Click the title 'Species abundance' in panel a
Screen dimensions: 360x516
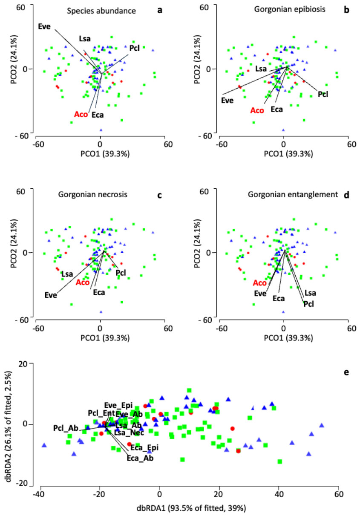click(x=101, y=11)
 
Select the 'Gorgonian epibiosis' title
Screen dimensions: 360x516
click(x=290, y=9)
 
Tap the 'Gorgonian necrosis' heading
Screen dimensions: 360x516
click(x=92, y=194)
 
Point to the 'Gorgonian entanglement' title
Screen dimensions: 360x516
click(x=293, y=194)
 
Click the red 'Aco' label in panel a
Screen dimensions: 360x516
click(x=81, y=114)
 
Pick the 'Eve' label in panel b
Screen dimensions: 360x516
click(x=227, y=101)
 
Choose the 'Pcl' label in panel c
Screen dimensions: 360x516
click(x=121, y=273)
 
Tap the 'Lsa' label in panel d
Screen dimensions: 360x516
click(x=310, y=293)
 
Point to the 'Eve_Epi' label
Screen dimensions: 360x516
click(x=118, y=405)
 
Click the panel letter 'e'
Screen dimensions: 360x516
click(x=346, y=372)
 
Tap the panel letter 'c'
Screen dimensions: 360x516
click(x=159, y=195)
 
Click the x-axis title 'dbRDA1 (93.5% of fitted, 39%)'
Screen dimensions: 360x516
click(x=191, y=508)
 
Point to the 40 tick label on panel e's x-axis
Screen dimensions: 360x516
click(x=279, y=494)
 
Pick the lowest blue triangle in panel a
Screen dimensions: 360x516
click(x=101, y=130)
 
